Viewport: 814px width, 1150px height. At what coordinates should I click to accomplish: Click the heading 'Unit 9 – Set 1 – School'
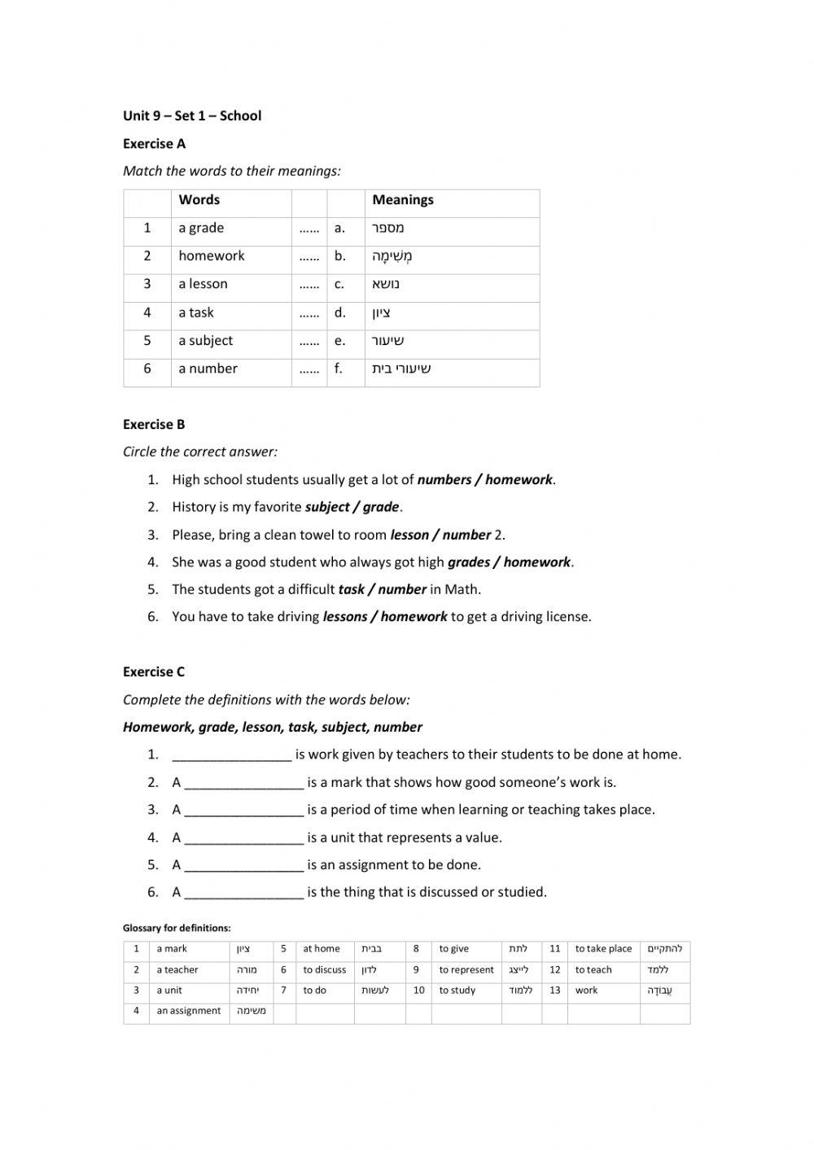(x=192, y=116)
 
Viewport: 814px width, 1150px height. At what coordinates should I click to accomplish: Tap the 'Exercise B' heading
(x=154, y=424)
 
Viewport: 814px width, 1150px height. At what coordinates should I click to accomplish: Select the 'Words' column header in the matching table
(x=199, y=200)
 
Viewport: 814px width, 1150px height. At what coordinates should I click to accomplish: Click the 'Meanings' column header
(x=403, y=200)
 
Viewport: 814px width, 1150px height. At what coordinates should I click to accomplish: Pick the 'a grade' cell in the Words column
(x=201, y=228)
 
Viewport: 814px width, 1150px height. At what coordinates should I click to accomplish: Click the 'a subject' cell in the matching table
(x=205, y=340)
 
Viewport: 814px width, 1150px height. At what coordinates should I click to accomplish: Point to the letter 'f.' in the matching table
(x=338, y=369)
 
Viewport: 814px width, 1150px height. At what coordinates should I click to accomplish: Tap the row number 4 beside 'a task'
(x=147, y=313)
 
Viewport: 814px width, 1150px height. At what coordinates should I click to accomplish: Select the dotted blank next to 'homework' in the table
(x=309, y=256)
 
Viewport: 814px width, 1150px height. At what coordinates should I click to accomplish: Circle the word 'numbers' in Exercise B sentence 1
(x=444, y=479)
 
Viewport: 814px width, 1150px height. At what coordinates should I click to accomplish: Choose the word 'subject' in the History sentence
(x=326, y=507)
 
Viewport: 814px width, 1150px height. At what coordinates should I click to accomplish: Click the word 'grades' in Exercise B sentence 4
(x=469, y=562)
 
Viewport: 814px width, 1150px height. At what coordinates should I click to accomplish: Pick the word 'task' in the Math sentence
(x=351, y=589)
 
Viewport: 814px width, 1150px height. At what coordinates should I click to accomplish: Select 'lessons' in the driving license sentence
(x=345, y=617)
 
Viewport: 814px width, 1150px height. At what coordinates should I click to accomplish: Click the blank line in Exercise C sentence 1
(x=232, y=755)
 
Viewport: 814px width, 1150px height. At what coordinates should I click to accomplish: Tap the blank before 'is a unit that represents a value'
(x=244, y=838)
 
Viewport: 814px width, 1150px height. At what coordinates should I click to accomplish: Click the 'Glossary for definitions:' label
(x=177, y=928)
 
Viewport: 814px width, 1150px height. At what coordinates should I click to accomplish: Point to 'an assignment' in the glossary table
(x=188, y=1011)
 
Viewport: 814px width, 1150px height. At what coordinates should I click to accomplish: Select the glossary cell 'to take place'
(x=603, y=949)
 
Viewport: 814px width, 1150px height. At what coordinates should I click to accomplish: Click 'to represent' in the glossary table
(x=466, y=970)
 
